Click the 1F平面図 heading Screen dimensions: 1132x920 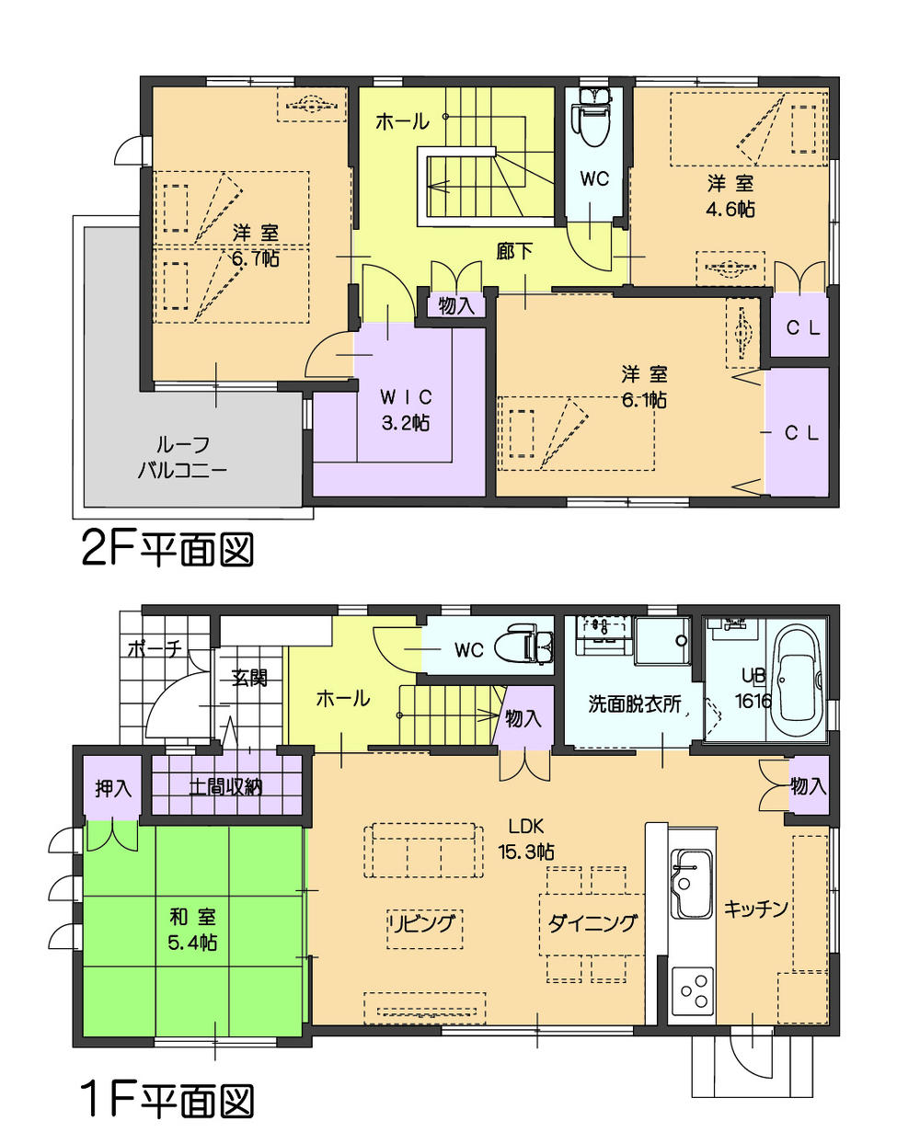pos(166,1098)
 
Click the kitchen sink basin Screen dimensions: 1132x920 pos(691,884)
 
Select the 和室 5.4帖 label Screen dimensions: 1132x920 pos(193,929)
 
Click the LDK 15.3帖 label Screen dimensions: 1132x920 pos(526,837)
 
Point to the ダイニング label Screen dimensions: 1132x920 pos(592,923)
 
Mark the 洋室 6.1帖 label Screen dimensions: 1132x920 pos(643,387)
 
